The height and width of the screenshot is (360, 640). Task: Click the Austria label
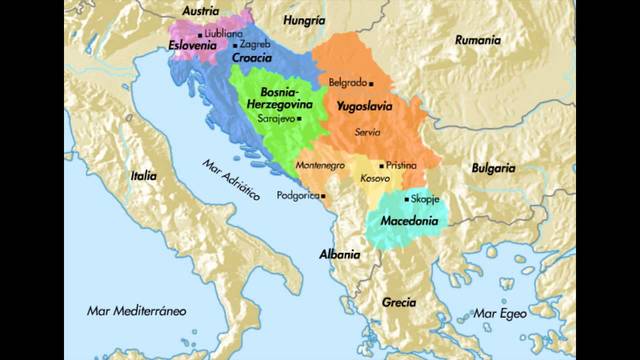click(200, 11)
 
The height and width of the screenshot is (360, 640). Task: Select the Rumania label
click(478, 40)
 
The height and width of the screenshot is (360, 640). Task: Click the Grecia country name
click(400, 301)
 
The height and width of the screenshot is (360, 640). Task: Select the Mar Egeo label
click(499, 312)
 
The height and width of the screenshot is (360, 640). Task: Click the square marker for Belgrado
click(371, 83)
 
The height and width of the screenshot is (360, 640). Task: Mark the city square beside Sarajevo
click(298, 118)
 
